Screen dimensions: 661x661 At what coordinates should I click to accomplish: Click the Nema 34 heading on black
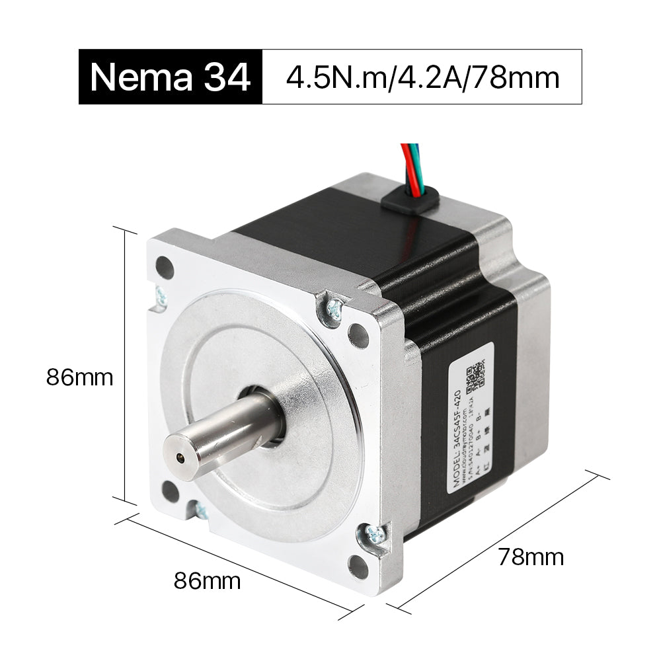[170, 77]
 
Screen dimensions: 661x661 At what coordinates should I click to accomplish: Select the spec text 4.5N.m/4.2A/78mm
[422, 77]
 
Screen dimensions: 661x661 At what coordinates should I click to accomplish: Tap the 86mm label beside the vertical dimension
[79, 378]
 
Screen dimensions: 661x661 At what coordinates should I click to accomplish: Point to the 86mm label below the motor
[207, 582]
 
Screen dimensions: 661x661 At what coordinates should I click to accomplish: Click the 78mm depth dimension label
[531, 557]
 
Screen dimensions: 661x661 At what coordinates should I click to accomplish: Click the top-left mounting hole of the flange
[165, 268]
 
